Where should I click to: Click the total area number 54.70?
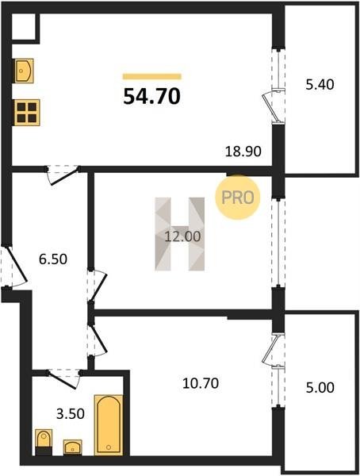click(x=151, y=96)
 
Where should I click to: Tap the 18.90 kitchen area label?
click(x=243, y=151)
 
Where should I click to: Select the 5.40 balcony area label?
click(x=320, y=84)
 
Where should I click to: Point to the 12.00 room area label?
click(x=182, y=236)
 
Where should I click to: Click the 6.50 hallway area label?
click(x=53, y=259)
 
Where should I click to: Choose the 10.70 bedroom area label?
click(x=201, y=383)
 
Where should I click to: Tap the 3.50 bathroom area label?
click(x=70, y=413)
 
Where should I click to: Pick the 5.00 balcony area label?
click(x=320, y=387)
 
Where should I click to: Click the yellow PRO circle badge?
click(x=238, y=198)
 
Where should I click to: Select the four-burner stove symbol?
click(x=27, y=113)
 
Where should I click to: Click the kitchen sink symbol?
click(x=24, y=71)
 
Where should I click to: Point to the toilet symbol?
click(x=44, y=442)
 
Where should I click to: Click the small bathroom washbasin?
click(x=72, y=447)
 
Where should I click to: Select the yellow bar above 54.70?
click(x=151, y=76)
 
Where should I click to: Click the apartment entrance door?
click(x=17, y=266)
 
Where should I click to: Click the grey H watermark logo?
click(x=180, y=234)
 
